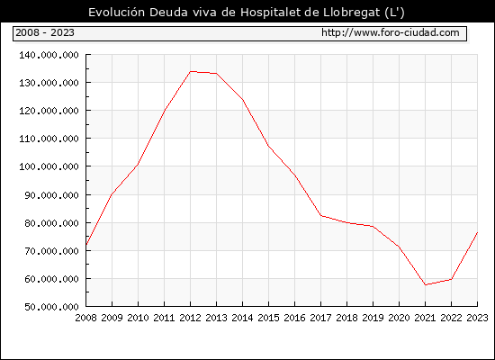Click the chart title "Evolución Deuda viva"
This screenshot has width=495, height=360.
162,13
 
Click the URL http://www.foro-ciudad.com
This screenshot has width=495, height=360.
391,32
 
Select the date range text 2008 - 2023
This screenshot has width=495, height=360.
45,32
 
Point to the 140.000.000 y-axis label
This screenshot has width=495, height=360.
49,55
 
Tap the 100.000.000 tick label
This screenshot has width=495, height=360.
49,166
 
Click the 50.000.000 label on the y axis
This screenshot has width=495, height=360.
52,307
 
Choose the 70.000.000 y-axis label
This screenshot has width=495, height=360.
52,251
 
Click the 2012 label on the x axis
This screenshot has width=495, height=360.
191,318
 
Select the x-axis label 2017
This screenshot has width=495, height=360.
320,318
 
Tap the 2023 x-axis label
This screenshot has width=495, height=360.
477,318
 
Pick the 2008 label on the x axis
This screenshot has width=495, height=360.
85,318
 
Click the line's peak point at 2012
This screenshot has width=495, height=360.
191,71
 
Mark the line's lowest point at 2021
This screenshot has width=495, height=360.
425,284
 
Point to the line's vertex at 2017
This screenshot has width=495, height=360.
320,216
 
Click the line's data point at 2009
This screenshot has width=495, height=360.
112,194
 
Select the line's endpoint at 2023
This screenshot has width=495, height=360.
477,232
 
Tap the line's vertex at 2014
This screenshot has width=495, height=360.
243,100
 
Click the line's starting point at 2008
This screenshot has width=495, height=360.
86,245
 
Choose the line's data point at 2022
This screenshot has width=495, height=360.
452,279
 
